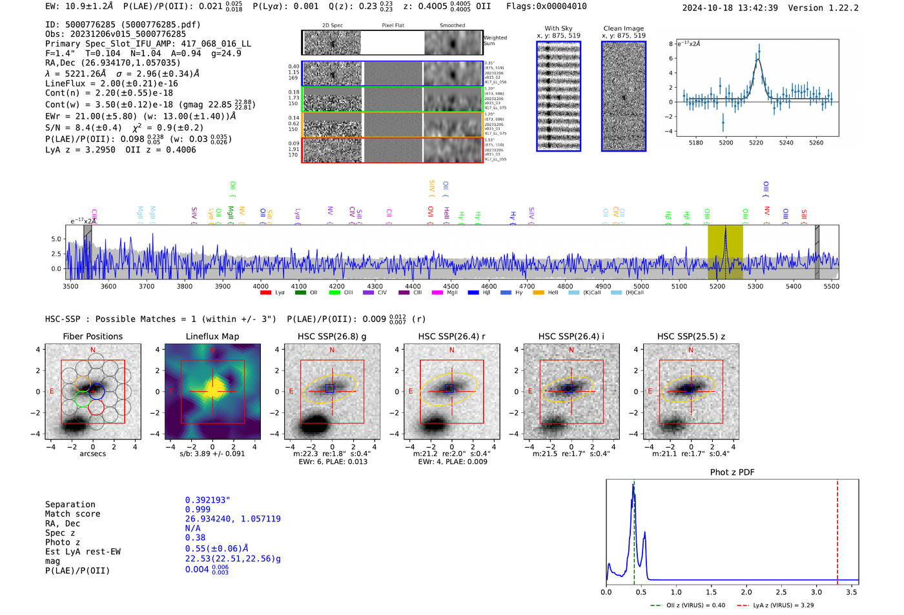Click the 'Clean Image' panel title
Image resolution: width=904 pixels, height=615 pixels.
coord(623,28)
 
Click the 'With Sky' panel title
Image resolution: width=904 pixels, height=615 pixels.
coord(558,28)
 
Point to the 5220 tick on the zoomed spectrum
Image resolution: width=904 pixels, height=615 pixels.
coord(756,143)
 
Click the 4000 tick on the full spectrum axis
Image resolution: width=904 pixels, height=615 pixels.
coord(260,286)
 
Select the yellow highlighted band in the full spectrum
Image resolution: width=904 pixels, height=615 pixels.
coord(724,252)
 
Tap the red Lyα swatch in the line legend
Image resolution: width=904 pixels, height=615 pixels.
coord(265,292)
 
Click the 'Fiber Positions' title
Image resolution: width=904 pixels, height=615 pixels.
coord(92,336)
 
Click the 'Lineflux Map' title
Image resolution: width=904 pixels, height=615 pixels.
coord(212,336)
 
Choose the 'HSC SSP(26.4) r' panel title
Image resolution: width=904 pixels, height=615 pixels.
coord(451,336)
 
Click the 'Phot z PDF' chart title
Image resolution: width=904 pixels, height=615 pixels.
coord(732,472)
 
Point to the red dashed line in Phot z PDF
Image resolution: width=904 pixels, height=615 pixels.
coord(837,529)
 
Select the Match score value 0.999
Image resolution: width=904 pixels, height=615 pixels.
coord(198,509)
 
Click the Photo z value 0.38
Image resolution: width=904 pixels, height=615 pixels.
coord(195,538)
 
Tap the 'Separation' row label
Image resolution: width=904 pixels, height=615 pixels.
coord(70,505)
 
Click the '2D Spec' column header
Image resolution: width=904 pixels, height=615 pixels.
coord(332,26)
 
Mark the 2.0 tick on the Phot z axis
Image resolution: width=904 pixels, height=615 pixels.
coord(746,592)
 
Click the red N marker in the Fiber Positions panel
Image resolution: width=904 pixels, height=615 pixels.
coord(93,350)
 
